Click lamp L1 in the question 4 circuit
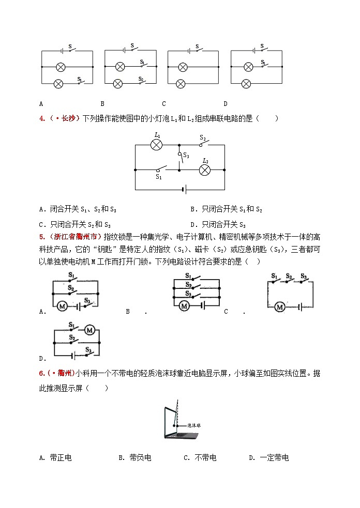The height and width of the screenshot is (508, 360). click(156, 145)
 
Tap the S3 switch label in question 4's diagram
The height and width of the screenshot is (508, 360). click(186, 155)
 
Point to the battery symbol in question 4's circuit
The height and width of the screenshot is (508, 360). click(184, 189)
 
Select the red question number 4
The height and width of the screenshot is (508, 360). click(41, 119)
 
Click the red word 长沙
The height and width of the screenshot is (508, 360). click(69, 119)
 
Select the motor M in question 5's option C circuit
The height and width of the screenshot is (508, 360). click(280, 307)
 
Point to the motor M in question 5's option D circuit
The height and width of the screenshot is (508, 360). click(89, 330)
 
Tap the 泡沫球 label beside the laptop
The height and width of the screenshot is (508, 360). click(194, 425)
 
